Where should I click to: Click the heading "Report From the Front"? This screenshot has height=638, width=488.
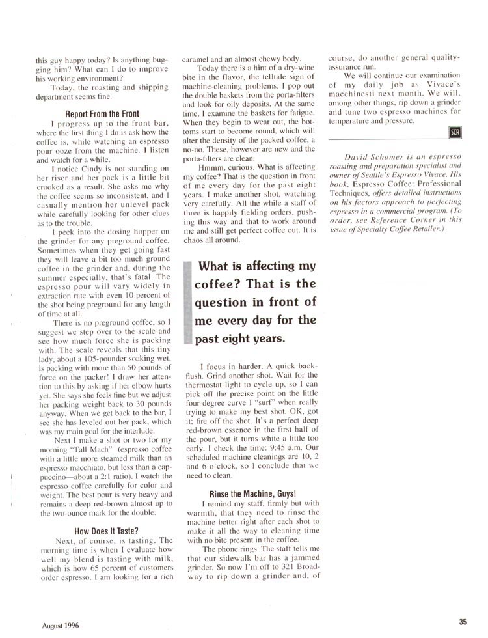coord(102,113)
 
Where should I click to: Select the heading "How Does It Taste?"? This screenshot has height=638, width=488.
coord(106,530)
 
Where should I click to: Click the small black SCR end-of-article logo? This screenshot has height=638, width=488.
coord(455,133)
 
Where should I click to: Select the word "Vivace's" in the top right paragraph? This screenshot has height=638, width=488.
coord(434,84)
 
